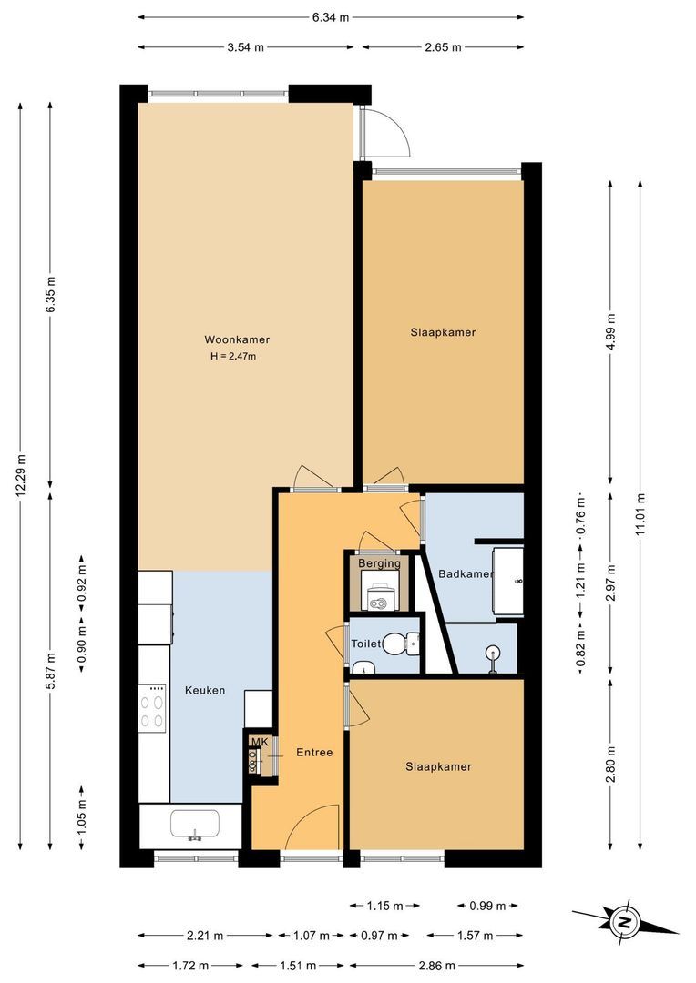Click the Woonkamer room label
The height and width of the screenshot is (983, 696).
point(237,339)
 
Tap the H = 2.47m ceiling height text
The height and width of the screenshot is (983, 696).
point(233,356)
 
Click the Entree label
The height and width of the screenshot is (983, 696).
point(314,753)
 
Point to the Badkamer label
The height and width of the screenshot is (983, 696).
point(465,574)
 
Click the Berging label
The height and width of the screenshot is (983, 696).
point(379,564)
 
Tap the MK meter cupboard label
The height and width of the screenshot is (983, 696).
point(260,742)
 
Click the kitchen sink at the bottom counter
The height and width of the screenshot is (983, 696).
point(194,825)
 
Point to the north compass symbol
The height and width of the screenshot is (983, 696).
point(626,921)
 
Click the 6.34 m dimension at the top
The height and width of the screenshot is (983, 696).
point(331,17)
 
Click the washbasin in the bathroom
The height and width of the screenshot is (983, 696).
point(494,652)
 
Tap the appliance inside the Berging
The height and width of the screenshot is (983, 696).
point(380,597)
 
